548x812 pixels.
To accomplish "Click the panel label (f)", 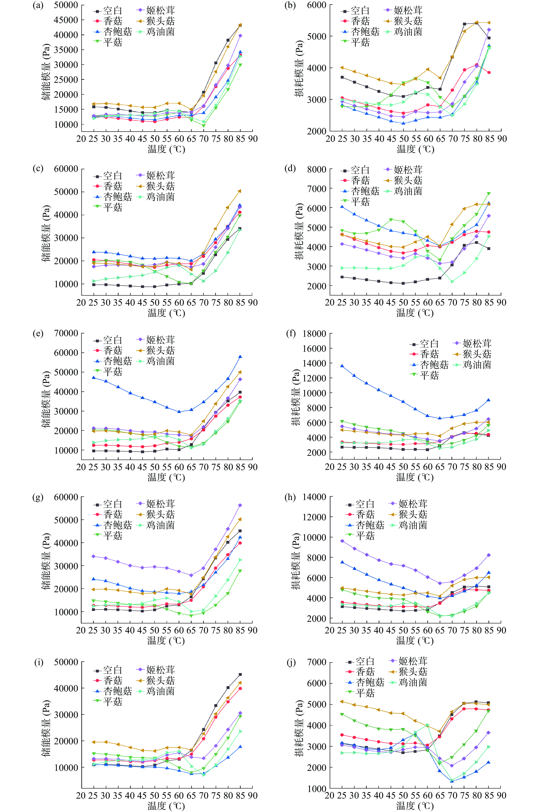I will point(291,334).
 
